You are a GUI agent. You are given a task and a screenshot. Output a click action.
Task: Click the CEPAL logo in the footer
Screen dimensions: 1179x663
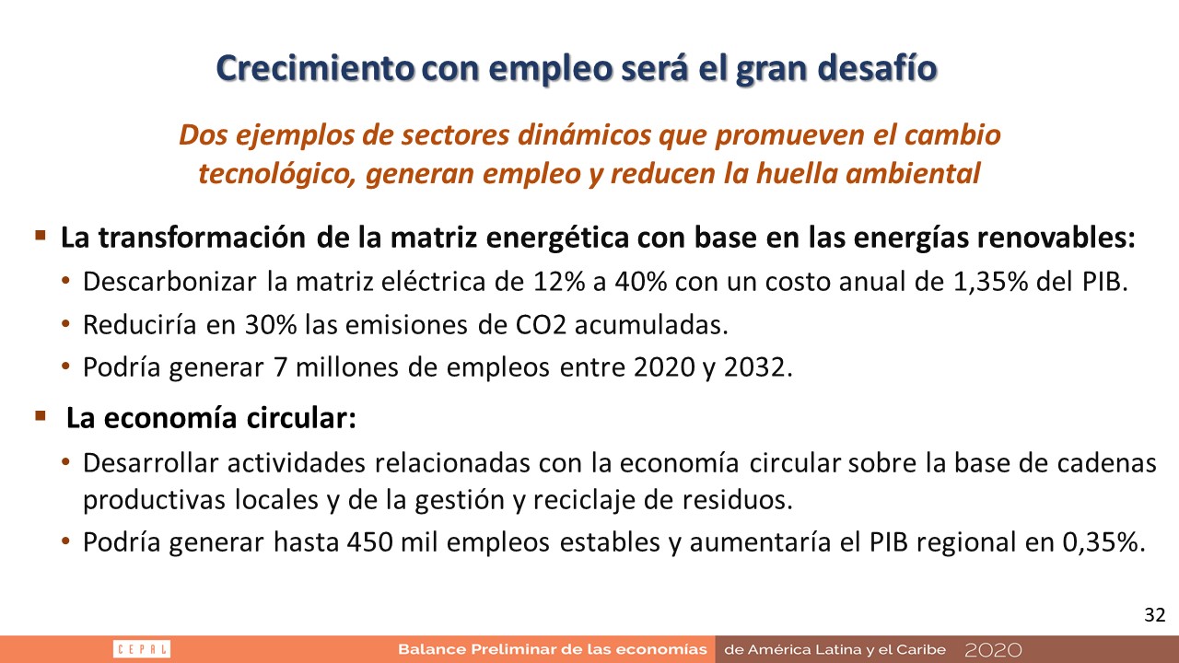(x=142, y=649)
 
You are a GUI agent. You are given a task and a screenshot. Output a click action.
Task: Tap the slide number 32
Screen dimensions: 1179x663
(x=1155, y=614)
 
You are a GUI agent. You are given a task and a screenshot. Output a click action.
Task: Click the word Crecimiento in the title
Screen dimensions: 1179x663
(x=315, y=68)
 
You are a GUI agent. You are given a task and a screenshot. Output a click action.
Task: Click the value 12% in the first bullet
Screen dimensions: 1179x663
(x=559, y=282)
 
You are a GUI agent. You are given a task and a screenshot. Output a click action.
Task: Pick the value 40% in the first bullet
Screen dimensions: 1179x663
(x=640, y=282)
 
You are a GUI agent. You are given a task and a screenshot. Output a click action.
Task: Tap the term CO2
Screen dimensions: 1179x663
(x=541, y=325)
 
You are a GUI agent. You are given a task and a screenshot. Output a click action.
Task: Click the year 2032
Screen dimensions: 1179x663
(x=758, y=367)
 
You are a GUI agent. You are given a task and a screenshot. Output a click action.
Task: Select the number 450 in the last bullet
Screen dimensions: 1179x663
(x=369, y=542)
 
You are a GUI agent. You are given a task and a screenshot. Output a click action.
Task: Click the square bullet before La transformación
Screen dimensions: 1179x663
(x=40, y=235)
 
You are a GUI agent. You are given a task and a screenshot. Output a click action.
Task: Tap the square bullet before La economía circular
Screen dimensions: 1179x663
(x=40, y=416)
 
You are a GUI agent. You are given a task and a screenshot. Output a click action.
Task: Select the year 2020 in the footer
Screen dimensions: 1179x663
(x=993, y=650)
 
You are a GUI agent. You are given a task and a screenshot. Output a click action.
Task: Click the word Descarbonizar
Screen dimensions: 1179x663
(x=169, y=282)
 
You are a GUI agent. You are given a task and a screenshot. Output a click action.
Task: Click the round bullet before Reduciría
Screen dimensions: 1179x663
(x=65, y=324)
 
